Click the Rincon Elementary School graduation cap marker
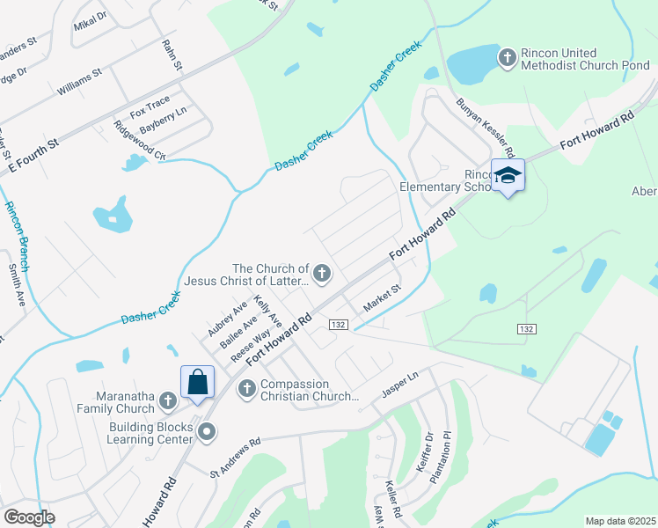coord(508,176)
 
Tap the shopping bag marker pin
coord(197,382)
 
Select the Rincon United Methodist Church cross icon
coord(506,59)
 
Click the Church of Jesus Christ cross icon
coord(322,275)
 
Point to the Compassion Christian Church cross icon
coord(247,387)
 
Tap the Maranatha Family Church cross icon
coord(167,402)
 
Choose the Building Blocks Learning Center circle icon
coord(207,431)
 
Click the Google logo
coord(29,517)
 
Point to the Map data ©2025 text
coord(619,521)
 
